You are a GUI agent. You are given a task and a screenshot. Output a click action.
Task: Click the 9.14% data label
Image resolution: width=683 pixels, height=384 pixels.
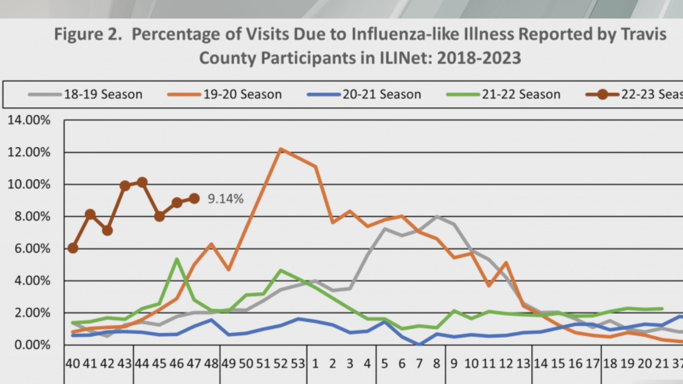click(x=225, y=199)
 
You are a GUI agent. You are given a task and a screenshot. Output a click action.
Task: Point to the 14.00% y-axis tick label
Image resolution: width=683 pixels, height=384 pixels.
click(x=29, y=120)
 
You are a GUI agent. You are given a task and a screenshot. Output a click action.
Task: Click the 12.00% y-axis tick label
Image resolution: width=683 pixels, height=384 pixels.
click(x=29, y=152)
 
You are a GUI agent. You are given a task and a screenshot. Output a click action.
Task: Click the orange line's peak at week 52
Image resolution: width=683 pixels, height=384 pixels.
click(x=280, y=149)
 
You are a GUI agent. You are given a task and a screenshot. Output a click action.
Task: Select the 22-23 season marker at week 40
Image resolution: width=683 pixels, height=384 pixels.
click(x=73, y=248)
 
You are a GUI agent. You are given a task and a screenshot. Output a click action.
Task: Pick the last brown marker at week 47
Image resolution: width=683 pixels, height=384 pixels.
click(x=194, y=198)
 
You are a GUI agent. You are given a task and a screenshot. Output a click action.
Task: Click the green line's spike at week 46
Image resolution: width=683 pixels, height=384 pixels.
click(x=177, y=259)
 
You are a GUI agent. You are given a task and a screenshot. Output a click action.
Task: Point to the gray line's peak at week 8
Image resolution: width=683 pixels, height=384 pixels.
click(x=437, y=216)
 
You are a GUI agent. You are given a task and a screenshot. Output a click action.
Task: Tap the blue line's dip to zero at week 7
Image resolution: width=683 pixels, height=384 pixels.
click(x=419, y=345)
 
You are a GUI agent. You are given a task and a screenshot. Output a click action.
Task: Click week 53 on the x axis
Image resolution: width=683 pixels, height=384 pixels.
click(x=298, y=364)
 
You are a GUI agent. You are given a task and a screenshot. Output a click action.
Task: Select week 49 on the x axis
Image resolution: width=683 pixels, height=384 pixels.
click(x=228, y=364)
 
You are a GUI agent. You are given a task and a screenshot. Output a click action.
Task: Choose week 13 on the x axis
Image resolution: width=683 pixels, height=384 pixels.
click(x=523, y=364)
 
